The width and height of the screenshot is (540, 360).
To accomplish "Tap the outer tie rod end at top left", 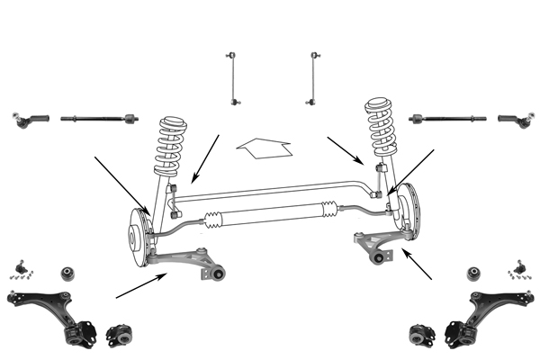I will [31, 118].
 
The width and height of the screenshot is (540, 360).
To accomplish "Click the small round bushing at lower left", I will [67, 273].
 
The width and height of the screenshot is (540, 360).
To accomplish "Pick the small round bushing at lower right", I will [474, 273].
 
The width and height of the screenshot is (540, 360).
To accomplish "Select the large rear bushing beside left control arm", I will [118, 334].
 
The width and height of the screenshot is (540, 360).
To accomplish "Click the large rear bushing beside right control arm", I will [422, 334].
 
